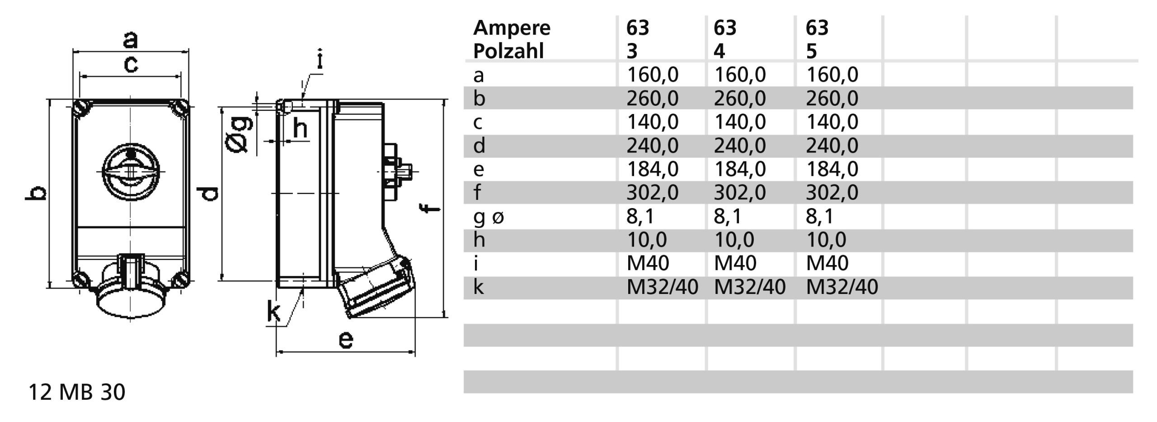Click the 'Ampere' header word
pos(512,28)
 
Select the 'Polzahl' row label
pos(508,51)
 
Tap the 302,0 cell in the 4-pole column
pos(739,193)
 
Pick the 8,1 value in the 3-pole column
pos(640,216)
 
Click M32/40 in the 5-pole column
pos(842,287)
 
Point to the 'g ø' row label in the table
pos(488,217)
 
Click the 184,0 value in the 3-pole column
pos(652,169)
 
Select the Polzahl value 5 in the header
pos(811,51)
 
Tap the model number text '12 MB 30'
pos(77,392)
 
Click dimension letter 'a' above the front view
pos(130,40)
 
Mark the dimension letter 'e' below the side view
pos(346,339)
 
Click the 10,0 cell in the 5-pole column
pos(826,240)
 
